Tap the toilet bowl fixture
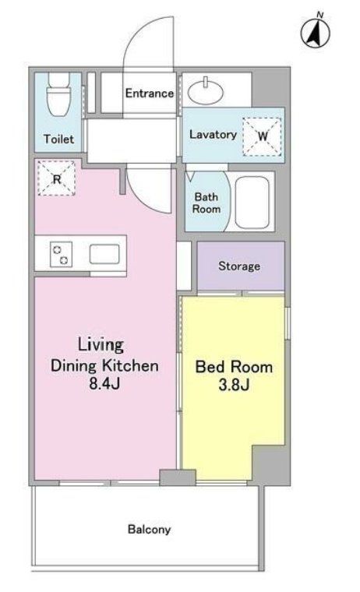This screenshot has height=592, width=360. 58,94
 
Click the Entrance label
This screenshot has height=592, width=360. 149,93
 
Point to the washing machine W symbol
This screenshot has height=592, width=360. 262,136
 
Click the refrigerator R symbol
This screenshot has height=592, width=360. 57,178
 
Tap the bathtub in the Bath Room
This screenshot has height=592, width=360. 252,202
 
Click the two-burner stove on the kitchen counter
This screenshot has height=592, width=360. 61,254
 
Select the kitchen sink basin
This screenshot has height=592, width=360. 104,254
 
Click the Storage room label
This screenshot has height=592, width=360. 239,266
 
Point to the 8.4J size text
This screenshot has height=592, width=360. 104,383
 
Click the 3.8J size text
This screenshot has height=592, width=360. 234,385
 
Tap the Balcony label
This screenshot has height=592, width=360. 149,530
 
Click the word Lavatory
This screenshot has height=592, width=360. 213,135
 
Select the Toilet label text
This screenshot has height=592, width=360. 58,139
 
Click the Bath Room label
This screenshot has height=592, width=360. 206,203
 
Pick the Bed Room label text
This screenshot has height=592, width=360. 234,367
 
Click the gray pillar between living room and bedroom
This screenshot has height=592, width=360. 178,477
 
